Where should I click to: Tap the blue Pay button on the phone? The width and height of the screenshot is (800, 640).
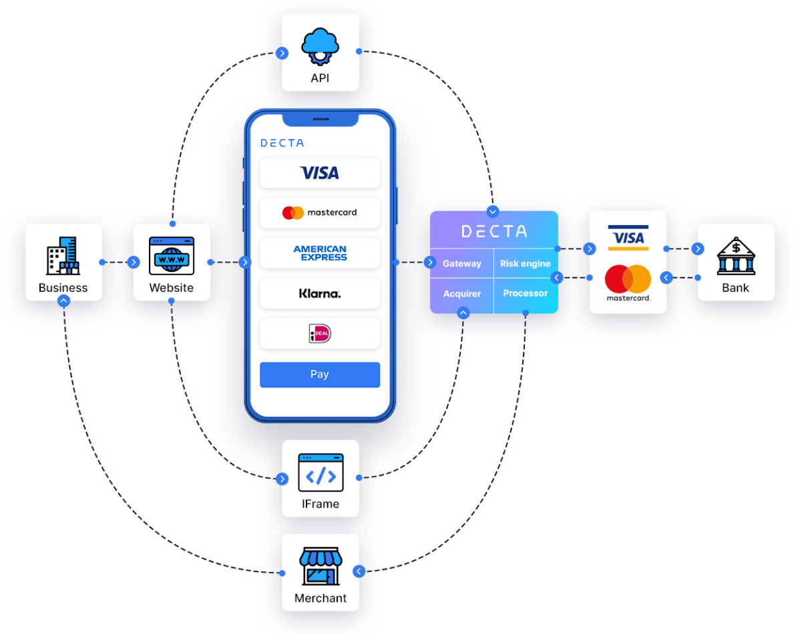(x=319, y=375)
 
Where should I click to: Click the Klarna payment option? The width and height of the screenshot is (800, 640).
(x=319, y=293)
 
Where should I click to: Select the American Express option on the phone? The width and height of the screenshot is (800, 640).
(x=320, y=253)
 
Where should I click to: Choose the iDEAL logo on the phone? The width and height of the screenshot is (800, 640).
(x=320, y=333)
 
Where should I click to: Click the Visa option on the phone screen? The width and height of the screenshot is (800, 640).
(x=319, y=173)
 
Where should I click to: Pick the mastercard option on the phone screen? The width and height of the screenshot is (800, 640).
(x=319, y=212)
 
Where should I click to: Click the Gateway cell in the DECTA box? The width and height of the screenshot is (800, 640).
(x=461, y=264)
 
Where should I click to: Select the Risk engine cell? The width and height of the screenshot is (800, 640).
(x=526, y=264)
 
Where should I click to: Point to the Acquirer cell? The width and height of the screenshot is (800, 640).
(x=461, y=294)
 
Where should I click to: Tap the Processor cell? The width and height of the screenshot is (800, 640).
(x=526, y=293)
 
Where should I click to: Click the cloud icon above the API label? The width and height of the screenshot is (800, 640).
(x=321, y=44)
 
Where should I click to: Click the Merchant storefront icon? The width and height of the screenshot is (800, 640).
(x=320, y=566)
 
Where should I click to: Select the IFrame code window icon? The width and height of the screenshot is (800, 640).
(x=321, y=472)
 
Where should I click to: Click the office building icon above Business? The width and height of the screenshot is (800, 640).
(x=63, y=255)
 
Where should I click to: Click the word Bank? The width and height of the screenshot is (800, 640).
(x=735, y=288)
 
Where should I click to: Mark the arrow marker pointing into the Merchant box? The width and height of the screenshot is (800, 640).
(x=359, y=571)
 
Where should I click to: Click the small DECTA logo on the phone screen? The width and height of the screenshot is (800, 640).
(x=282, y=143)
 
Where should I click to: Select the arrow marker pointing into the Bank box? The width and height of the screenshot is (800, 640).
(x=698, y=249)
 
